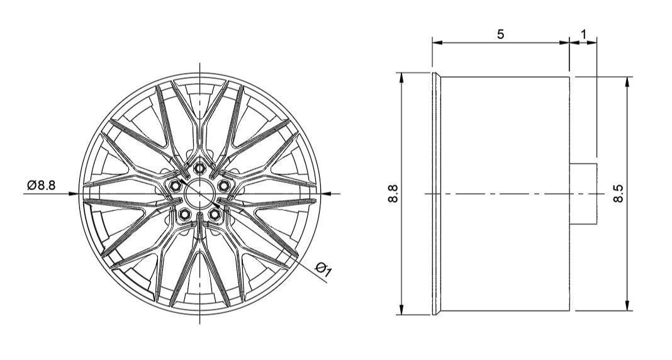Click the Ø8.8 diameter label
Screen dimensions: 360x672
(42, 185)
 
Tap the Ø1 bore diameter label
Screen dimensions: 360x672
(324, 269)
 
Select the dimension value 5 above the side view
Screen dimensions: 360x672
(500, 34)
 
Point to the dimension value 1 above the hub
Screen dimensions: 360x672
(583, 34)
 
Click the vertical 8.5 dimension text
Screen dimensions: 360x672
(619, 193)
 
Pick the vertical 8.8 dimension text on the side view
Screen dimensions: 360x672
(394, 193)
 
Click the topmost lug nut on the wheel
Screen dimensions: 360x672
(200, 167)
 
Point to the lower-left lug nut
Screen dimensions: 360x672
(185, 213)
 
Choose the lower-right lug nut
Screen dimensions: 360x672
(215, 213)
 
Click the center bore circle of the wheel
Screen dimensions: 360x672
(200, 193)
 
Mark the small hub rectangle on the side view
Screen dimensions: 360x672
(583, 194)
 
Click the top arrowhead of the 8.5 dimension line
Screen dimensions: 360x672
(627, 81)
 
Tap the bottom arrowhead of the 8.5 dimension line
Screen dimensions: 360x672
(627, 306)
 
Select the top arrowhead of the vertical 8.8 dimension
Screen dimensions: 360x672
(401, 77)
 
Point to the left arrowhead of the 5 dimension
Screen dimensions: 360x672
(436, 43)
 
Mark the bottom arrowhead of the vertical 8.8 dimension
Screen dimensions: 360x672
(401, 309)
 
